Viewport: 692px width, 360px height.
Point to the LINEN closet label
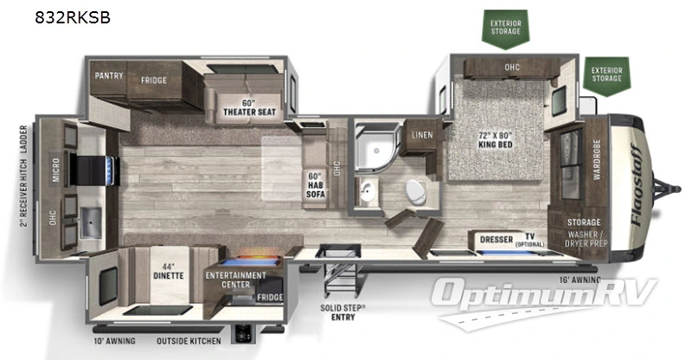coord(422,135)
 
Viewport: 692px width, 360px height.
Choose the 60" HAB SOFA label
coord(315,184)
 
